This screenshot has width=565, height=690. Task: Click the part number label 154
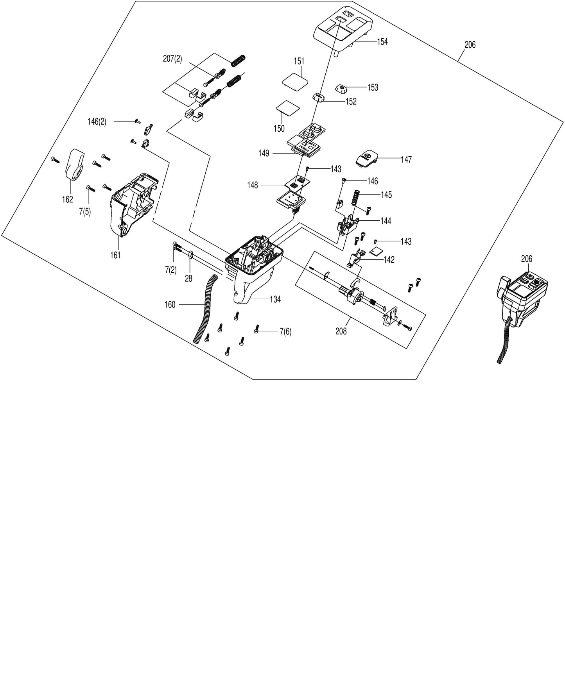[x=382, y=42]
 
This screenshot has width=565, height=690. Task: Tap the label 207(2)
[x=172, y=59]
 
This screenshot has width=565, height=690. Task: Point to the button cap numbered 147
[x=367, y=158]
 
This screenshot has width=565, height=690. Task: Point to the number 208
[x=341, y=331]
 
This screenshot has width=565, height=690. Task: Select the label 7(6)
[x=285, y=332]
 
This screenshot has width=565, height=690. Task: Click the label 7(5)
[x=84, y=212]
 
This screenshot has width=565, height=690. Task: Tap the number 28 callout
[x=188, y=279]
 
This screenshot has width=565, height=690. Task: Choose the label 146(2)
[x=97, y=122]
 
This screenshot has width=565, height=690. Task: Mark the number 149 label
[x=264, y=154]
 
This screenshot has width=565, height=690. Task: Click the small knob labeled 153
[x=341, y=89]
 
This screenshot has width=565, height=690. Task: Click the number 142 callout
[x=389, y=260]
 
